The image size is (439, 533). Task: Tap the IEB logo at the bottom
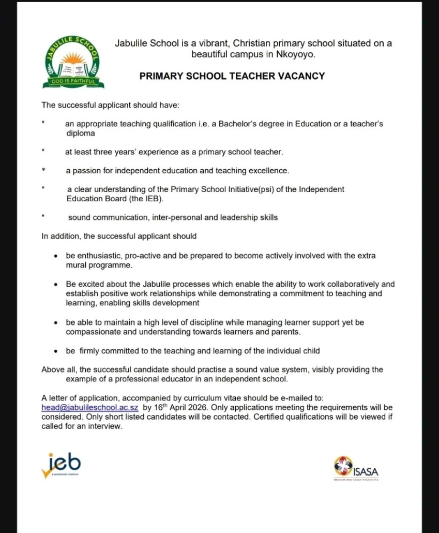(61, 464)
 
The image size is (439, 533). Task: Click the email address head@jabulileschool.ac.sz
(89, 407)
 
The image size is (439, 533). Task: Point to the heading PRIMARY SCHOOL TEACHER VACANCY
(232, 76)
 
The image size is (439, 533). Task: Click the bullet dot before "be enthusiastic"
(56, 256)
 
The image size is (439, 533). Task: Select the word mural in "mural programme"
(77, 265)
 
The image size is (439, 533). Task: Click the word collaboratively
(340, 284)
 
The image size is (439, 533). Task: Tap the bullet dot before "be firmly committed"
(56, 351)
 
